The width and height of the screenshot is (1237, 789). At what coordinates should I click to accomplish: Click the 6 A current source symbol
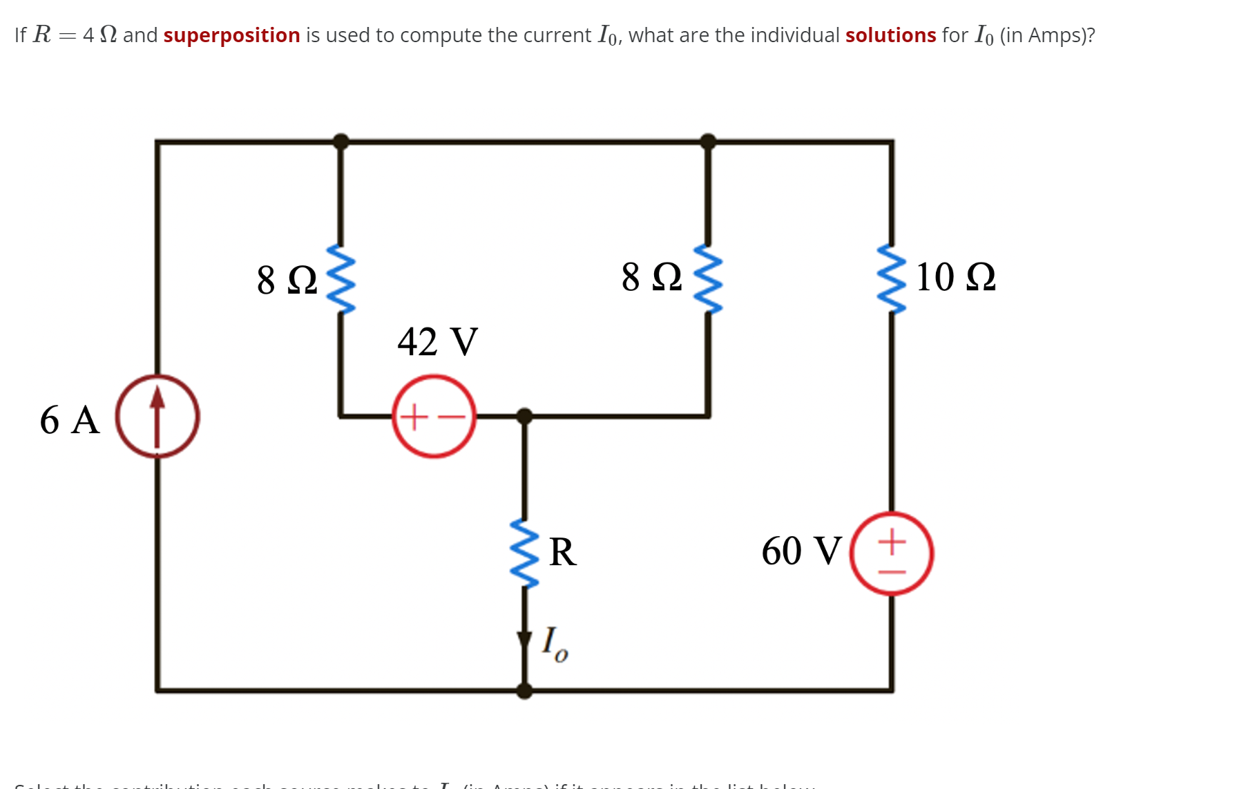pos(157,417)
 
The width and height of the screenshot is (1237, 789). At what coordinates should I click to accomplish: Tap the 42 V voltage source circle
pos(434,417)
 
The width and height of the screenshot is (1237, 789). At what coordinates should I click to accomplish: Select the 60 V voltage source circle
pos(891,553)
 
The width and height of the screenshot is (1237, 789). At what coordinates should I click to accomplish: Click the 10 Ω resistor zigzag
pos(891,278)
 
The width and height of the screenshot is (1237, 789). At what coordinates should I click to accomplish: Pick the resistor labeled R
pos(524,554)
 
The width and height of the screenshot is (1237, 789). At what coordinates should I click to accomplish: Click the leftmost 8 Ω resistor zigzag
pos(341,278)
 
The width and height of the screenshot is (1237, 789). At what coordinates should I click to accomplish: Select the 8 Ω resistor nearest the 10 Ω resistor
pos(708,278)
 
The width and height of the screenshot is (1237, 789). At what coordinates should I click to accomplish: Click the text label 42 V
pos(437,341)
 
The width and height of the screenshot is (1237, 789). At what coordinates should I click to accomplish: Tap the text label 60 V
pos(801,551)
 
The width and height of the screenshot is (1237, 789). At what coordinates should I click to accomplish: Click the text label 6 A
pos(69,419)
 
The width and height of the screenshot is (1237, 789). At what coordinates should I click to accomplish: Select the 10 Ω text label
pos(955,277)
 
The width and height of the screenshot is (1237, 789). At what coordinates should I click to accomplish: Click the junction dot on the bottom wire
pos(524,690)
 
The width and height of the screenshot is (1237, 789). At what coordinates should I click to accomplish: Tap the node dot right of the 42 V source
pos(524,416)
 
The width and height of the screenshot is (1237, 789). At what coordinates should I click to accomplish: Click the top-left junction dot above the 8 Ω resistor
pos(341,142)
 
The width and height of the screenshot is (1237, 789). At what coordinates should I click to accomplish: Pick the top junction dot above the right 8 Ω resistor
pos(708,142)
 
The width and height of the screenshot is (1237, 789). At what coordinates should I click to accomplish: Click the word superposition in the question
pos(231,35)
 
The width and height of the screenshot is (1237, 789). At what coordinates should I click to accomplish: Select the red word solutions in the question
pos(890,35)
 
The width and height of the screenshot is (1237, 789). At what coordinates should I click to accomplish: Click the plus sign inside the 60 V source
pos(892,541)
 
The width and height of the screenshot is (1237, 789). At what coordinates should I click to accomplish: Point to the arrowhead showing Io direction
pos(524,641)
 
